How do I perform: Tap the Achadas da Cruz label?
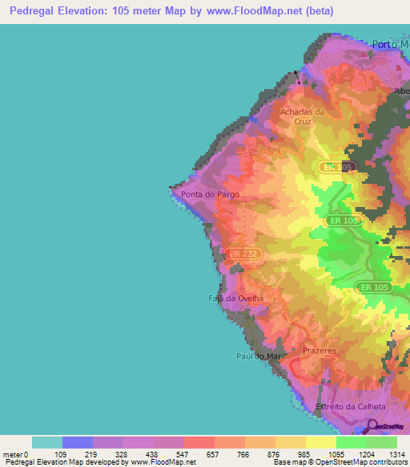[x=302, y=117]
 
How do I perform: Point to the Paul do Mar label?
[x=256, y=355]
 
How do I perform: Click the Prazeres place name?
[x=320, y=351]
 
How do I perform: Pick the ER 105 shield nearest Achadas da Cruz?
[x=336, y=167]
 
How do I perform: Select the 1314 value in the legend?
[x=397, y=454]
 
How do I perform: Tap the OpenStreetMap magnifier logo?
[x=370, y=426]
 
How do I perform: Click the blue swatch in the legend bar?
[x=78, y=442]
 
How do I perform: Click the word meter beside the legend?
[x=12, y=454]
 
